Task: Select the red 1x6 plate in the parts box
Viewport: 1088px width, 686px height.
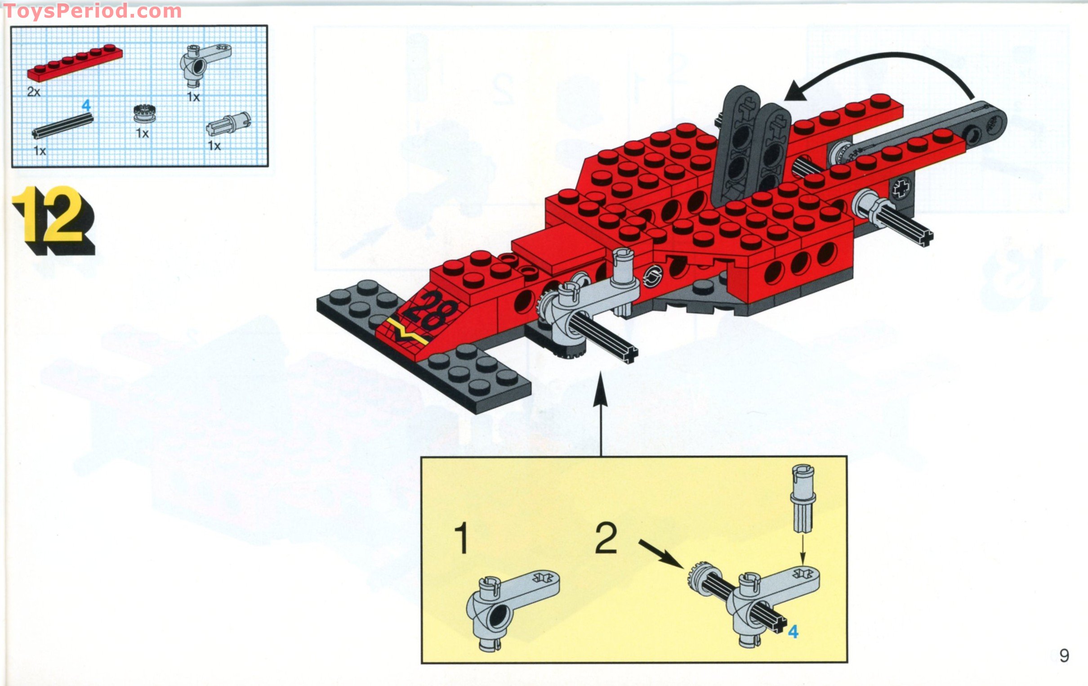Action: [75, 63]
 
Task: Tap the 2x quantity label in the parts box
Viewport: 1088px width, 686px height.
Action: [33, 92]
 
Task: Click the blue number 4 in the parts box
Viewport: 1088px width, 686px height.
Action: [86, 106]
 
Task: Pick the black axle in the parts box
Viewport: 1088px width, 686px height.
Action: [63, 125]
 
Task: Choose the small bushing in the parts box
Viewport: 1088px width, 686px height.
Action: [142, 113]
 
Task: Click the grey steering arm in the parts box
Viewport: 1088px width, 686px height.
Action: [203, 63]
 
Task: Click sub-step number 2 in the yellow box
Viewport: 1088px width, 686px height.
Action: [606, 538]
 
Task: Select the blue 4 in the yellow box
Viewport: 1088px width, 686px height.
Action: [793, 631]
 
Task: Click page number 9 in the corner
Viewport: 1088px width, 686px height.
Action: [1064, 656]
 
